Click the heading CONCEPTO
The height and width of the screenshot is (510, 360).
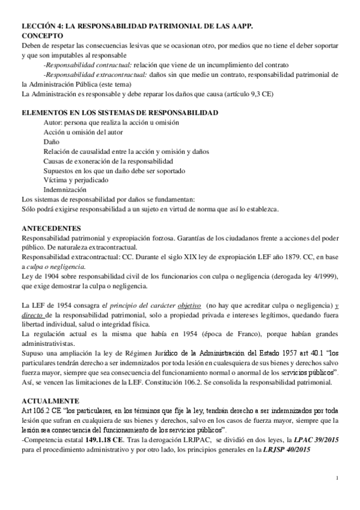(42, 36)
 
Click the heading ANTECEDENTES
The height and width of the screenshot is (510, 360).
(51, 229)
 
